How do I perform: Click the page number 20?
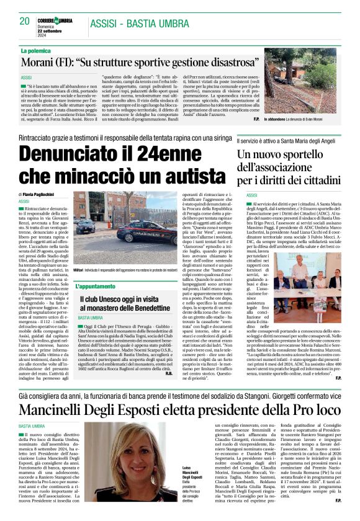click(x=25, y=21)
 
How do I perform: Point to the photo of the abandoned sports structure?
click(x=308, y=86)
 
